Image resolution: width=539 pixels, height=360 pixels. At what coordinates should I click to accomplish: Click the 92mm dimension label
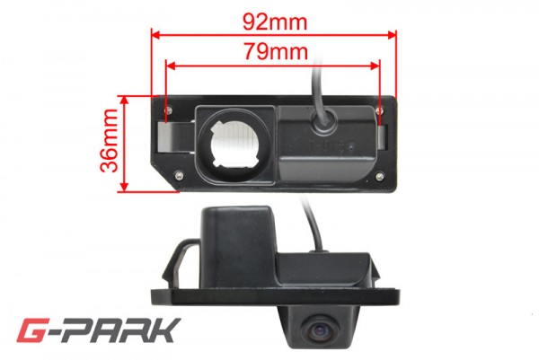click(x=275, y=22)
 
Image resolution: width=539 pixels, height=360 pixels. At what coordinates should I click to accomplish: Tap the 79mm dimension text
click(x=276, y=51)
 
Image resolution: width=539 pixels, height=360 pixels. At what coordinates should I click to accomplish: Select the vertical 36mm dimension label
click(x=110, y=140)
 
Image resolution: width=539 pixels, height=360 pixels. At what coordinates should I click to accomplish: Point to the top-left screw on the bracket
click(x=169, y=110)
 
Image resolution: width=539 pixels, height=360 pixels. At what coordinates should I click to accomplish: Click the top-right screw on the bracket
click(x=379, y=110)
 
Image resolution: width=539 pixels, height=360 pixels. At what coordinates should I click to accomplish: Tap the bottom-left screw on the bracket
click(x=179, y=176)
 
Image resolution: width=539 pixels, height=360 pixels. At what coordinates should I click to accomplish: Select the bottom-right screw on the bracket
click(x=379, y=177)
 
